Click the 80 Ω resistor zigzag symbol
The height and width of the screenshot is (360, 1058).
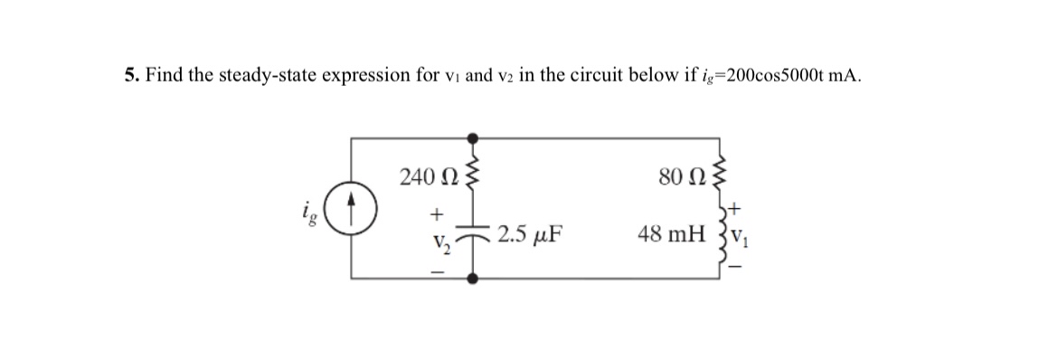[x=719, y=173]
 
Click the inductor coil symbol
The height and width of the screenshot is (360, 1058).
[x=719, y=238]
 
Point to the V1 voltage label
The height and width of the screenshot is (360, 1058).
[x=736, y=242]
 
